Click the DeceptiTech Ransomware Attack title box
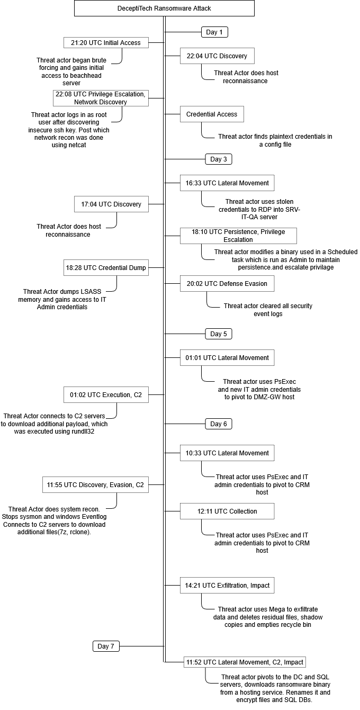coord(164,8)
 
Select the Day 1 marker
coord(214,32)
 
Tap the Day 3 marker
coord(219,159)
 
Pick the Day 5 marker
coord(219,334)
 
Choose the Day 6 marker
coord(219,424)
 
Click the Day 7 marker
coord(106,646)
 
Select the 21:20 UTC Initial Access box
coord(106,42)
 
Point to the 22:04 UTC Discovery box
coord(217,56)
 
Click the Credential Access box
coord(212,114)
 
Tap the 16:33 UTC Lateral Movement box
coord(227,183)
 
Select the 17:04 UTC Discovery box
coord(111,204)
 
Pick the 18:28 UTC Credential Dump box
coord(106,268)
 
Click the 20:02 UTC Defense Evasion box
coord(227,283)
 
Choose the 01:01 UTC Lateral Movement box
coord(227,357)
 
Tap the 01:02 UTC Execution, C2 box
coord(106,394)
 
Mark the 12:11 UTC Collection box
coord(227,511)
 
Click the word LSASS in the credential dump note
coord(87,292)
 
